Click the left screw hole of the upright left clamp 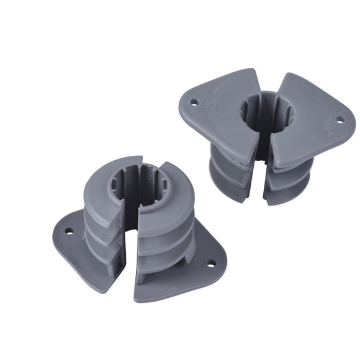click(69, 231)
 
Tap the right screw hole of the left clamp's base click(211, 263)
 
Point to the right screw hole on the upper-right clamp click(339, 119)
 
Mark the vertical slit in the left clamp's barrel click(130, 248)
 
